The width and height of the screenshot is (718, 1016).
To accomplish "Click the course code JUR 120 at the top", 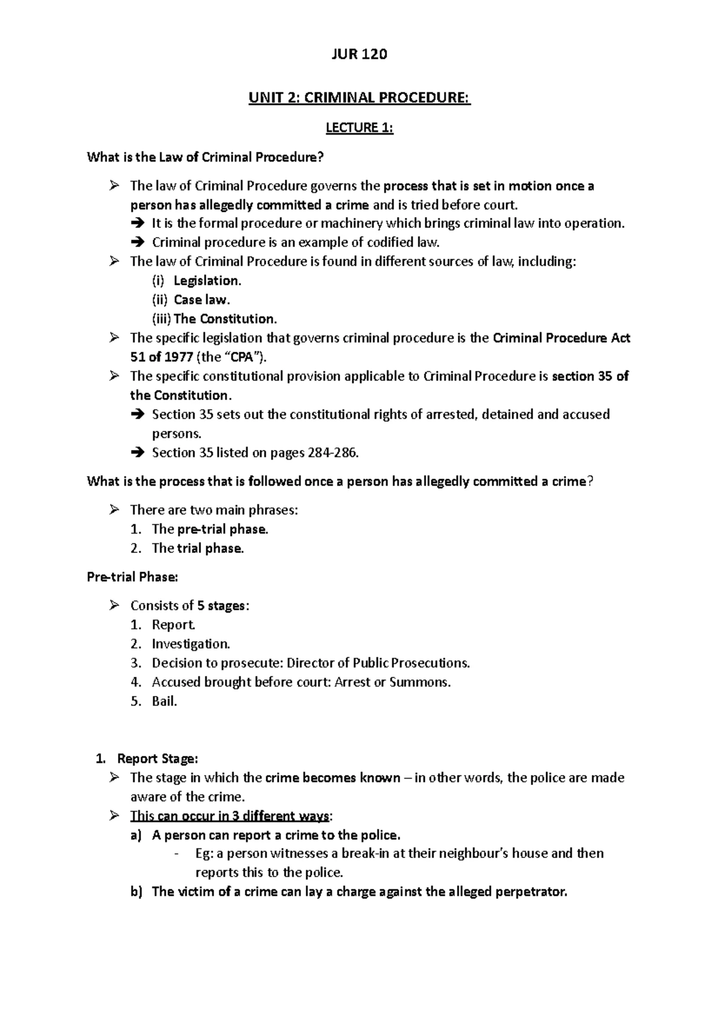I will coord(359,54).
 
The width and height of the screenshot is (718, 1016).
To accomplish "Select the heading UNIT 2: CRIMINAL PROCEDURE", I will coord(360,98).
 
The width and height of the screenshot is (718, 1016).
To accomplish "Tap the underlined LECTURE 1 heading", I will coord(359,127).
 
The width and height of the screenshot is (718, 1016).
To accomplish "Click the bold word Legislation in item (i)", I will coord(207,281).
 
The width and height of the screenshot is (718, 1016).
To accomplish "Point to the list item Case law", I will coord(202,300).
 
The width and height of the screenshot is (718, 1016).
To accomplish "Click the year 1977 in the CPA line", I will coord(178,357).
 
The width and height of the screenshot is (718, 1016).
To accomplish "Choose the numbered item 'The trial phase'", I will coord(197,549).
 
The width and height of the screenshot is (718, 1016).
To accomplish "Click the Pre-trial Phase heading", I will coord(132,577).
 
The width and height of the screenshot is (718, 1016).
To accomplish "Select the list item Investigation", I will coord(191,644).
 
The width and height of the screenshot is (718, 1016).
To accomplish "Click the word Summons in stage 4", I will coord(419,683).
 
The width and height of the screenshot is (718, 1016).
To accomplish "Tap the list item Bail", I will coord(165,702).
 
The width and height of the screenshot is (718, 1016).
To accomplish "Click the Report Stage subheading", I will coord(157,759).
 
